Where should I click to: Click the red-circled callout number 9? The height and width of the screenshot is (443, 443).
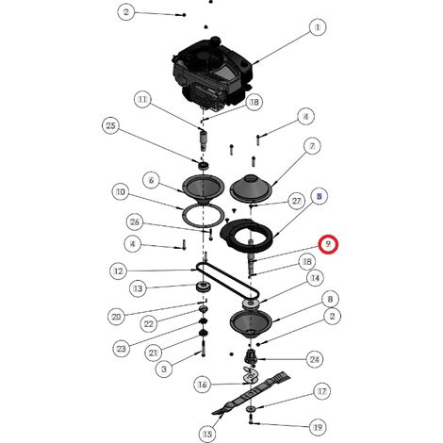[328, 244]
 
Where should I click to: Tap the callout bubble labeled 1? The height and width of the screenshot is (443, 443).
[318, 27]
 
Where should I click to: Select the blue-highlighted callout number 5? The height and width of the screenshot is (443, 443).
[319, 196]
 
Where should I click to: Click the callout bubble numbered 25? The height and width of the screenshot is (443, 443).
[111, 125]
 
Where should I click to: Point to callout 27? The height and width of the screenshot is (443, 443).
[296, 201]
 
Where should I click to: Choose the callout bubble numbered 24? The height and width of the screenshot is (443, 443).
[315, 359]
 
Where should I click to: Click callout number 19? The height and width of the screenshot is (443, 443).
[318, 427]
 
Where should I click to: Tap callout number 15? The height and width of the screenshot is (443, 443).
[207, 435]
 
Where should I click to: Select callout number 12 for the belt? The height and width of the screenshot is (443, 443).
[119, 271]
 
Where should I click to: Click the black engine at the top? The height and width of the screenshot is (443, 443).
[212, 74]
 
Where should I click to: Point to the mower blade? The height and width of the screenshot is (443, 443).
[252, 393]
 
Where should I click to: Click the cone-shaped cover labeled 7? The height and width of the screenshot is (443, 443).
[251, 188]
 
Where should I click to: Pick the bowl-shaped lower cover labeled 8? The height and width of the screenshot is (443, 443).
[251, 324]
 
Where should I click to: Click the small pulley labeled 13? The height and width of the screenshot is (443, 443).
[204, 287]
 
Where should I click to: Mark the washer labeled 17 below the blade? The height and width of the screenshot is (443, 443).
[252, 409]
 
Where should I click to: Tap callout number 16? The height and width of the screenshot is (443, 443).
[203, 385]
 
